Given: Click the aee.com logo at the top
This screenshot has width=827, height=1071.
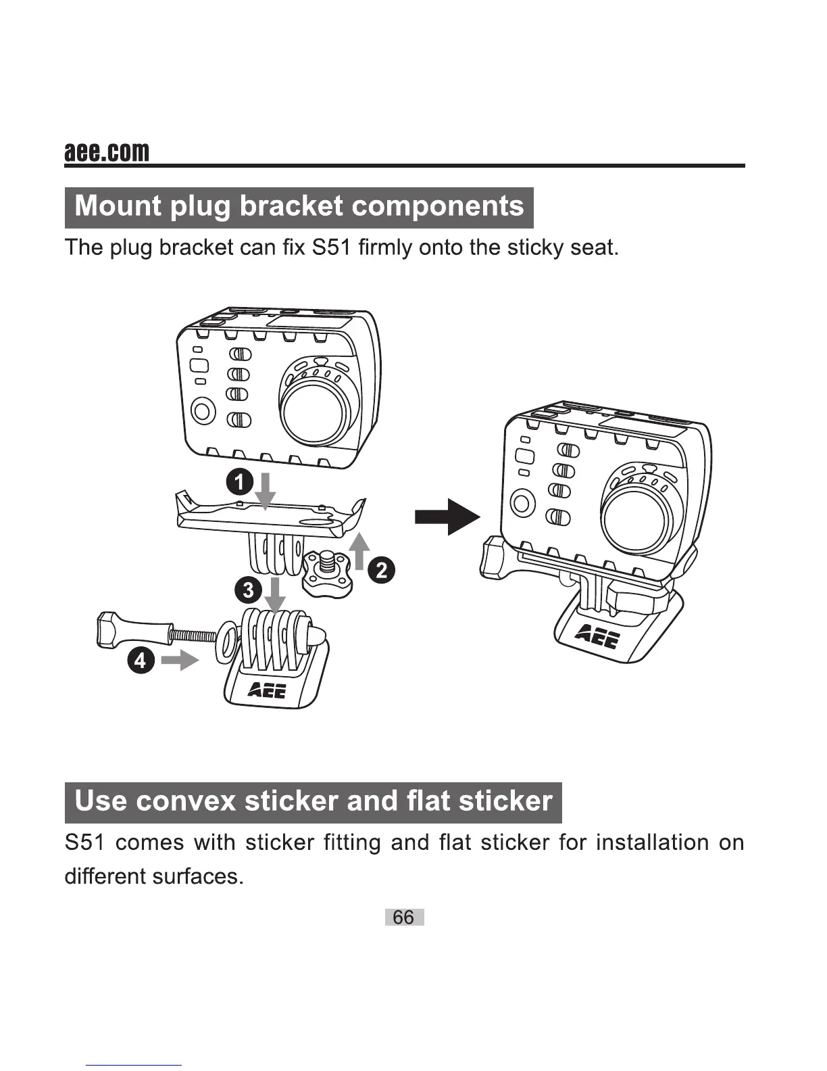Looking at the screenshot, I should [107, 152].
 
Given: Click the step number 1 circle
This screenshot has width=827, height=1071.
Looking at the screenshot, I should [239, 483].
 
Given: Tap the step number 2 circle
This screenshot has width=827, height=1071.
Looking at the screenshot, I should [382, 571].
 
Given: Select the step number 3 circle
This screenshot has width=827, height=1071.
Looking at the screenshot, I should [249, 590].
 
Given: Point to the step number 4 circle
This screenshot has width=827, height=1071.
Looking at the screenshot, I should [140, 659].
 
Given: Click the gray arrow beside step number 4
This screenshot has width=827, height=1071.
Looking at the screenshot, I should [180, 659].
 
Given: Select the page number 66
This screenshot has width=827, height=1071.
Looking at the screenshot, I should [404, 918].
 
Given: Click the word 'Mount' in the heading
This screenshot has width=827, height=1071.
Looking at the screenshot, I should [118, 206].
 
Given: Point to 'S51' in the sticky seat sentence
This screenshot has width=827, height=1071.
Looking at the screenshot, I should [331, 247].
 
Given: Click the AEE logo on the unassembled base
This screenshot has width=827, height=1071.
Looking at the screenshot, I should [268, 690].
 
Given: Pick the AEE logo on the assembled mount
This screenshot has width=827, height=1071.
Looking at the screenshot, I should [595, 636].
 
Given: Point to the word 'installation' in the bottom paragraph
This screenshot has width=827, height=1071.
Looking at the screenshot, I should [653, 843].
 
